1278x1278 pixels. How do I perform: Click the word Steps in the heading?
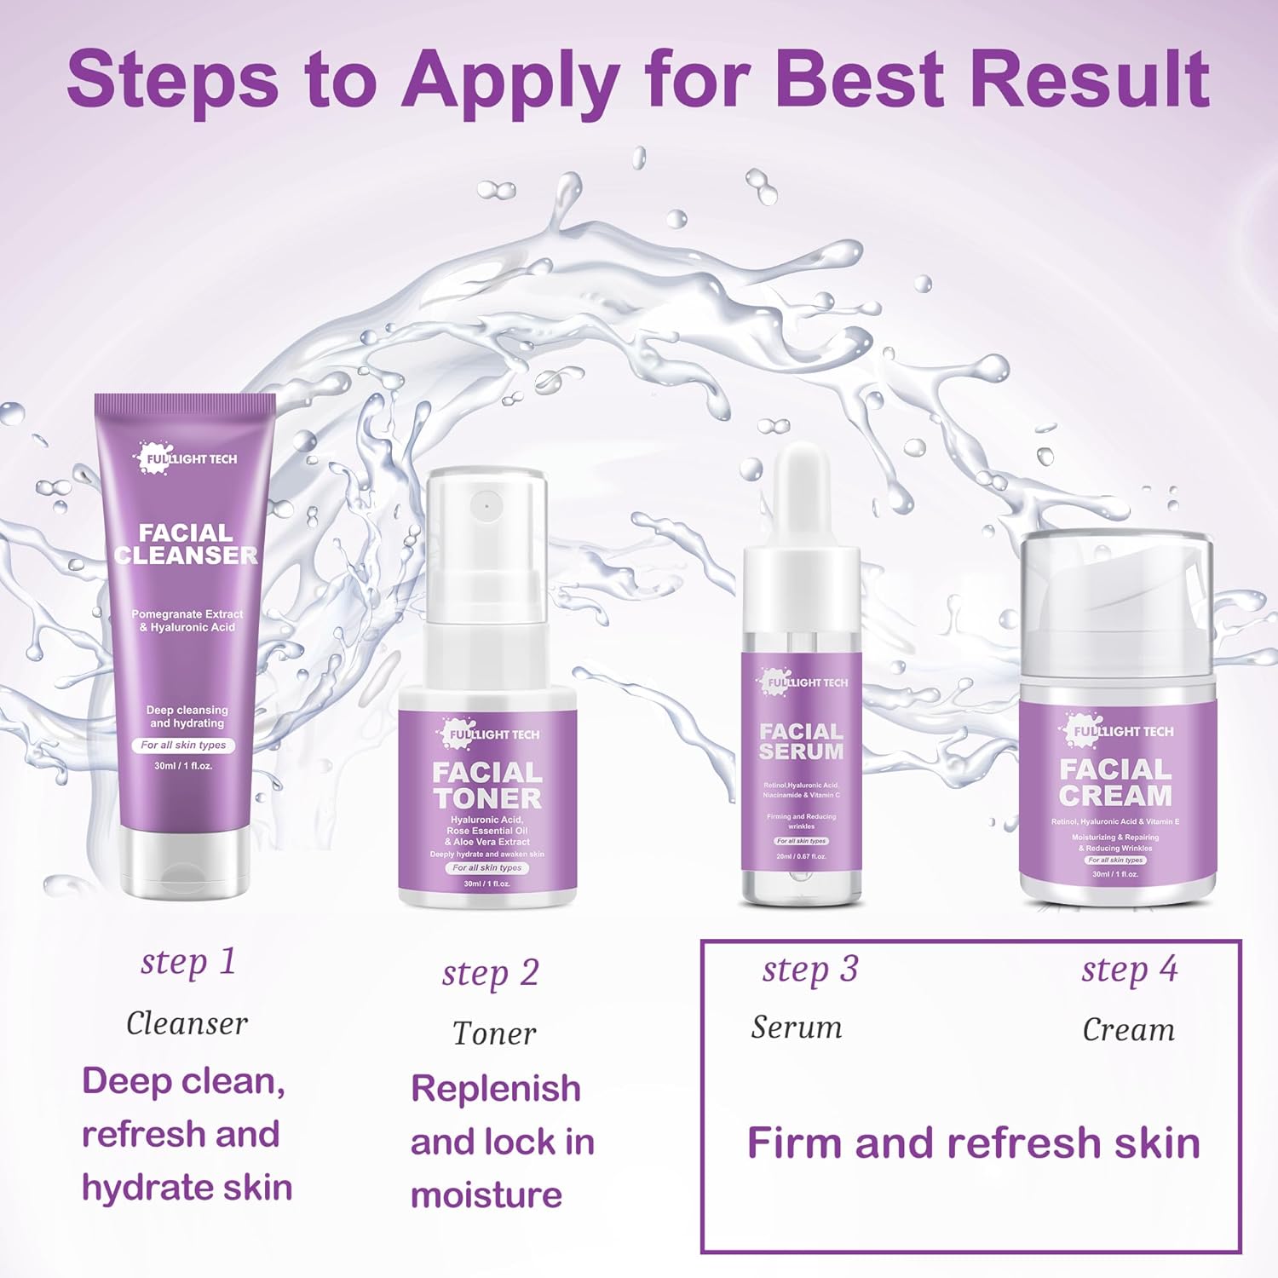tap(172, 79)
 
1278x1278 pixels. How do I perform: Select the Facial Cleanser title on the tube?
tap(186, 544)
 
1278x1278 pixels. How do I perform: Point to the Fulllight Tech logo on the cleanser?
tap(187, 458)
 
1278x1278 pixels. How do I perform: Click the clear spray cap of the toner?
tap(486, 537)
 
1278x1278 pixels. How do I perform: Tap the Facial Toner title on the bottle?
tap(487, 786)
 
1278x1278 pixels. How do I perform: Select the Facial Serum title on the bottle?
tap(801, 741)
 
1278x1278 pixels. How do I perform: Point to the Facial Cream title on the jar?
tap(1116, 782)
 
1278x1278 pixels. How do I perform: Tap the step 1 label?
tap(187, 963)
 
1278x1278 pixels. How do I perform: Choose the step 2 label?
tap(490, 973)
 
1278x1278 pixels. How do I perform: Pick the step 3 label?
tap(809, 970)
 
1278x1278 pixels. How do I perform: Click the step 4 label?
tap(1129, 970)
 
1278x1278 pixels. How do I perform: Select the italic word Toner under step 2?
tap(494, 1033)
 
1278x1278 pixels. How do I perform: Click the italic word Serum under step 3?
tap(797, 1028)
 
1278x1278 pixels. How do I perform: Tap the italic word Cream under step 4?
tap(1128, 1030)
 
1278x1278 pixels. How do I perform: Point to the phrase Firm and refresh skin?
tap(973, 1143)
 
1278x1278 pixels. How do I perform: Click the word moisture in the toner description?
tap(486, 1195)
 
